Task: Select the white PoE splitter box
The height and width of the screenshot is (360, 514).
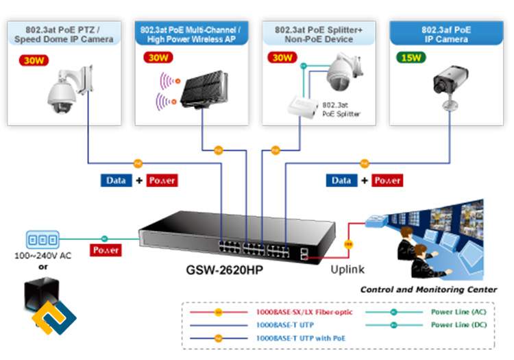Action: click(x=302, y=107)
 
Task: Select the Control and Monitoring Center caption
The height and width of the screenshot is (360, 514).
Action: click(x=428, y=289)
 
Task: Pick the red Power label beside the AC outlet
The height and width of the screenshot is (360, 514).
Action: click(x=107, y=250)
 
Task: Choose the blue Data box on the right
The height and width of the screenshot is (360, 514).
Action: click(x=341, y=180)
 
